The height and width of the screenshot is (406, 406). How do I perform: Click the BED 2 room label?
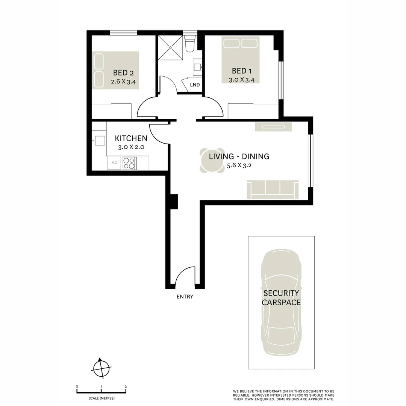point(123,73)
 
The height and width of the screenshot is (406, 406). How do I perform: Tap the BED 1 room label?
point(242,71)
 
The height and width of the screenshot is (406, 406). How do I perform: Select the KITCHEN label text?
point(131,138)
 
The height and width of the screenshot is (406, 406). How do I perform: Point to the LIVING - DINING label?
point(239,156)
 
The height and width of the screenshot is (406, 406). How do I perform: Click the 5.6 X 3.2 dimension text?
point(239,165)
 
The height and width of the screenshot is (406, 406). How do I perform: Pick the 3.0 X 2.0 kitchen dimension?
point(131,147)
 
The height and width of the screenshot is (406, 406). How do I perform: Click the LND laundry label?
point(195,85)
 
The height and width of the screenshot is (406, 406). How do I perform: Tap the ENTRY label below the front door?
point(185,297)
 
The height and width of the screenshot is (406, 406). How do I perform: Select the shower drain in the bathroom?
point(170,48)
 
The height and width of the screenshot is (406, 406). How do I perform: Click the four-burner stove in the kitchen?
point(129,163)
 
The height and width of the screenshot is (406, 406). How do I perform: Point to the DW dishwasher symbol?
point(114,163)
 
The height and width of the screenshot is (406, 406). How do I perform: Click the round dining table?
point(212,161)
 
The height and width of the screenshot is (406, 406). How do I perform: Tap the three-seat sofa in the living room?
point(273,189)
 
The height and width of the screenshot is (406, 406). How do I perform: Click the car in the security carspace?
point(281,303)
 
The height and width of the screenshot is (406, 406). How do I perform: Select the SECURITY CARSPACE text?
point(281,298)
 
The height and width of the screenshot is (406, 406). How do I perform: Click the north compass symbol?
point(101,368)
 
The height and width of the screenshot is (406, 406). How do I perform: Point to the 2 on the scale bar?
point(126,386)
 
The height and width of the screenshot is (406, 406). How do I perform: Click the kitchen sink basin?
point(100,141)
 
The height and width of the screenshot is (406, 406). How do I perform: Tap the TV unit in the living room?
point(273,127)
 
